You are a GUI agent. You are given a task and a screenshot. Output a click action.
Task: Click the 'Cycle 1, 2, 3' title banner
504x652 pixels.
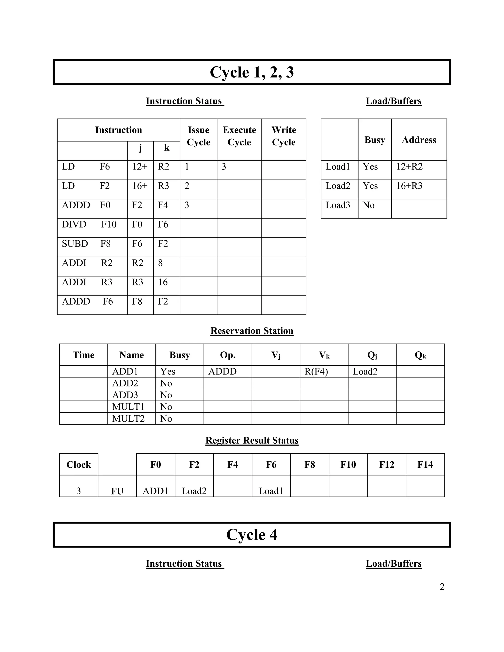coord(252,72)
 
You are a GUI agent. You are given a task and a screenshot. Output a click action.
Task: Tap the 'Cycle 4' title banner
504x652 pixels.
coord(252,534)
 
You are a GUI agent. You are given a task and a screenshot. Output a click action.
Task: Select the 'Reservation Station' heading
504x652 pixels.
coord(252,331)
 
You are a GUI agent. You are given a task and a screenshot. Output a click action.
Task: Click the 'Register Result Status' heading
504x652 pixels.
coord(252,440)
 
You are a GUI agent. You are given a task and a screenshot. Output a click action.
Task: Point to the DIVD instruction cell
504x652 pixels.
coord(89,224)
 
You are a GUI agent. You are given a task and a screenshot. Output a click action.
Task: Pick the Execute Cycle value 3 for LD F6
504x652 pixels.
coord(224,167)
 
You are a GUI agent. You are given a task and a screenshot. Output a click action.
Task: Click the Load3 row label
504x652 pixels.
coord(338,205)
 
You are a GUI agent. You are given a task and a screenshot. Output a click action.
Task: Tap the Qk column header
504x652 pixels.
coord(420,355)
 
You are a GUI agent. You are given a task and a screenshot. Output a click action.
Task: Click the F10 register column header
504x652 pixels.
coord(348,465)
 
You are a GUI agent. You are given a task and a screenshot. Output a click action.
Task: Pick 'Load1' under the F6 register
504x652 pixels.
coord(271,491)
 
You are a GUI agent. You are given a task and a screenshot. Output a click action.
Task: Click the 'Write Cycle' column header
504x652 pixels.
coord(284,136)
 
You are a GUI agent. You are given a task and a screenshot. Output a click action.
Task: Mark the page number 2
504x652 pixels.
coord(442,587)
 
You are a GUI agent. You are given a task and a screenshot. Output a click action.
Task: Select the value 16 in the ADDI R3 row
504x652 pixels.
coord(163,282)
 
